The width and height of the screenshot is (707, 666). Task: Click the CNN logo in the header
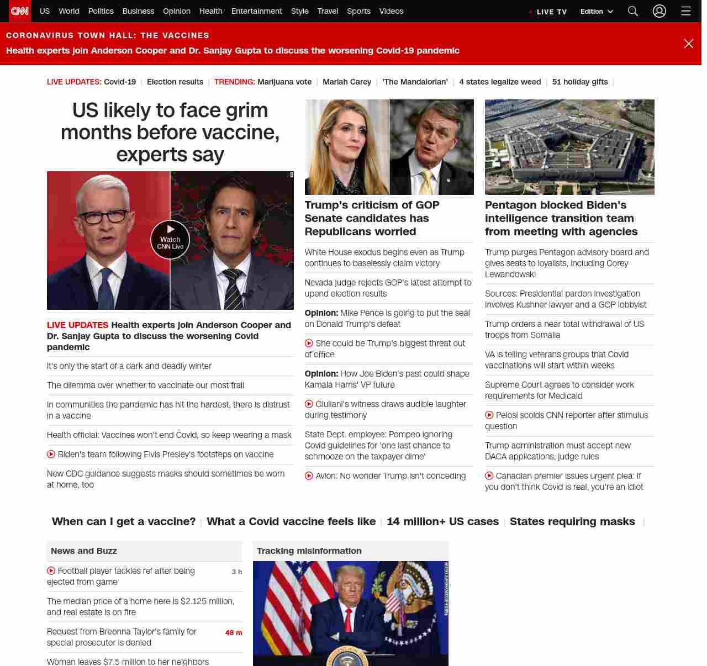pos(20,11)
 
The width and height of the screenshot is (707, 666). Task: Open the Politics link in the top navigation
pos(101,11)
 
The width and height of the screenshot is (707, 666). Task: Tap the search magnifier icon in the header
pos(633,11)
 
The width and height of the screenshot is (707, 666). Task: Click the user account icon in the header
pos(659,11)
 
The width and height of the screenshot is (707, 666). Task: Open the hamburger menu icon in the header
pos(685,11)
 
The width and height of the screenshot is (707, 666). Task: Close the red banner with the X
pos(688,44)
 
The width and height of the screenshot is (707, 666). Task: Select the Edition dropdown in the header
pos(596,12)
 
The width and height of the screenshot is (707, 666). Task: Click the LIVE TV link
pos(551,12)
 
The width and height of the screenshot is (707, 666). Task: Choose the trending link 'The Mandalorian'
pos(415,82)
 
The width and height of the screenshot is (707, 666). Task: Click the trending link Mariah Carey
pos(347,82)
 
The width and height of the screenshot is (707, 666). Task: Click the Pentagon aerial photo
pos(569,147)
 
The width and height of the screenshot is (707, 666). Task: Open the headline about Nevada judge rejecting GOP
pos(388,288)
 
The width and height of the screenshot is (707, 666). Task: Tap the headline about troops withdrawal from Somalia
pos(564,330)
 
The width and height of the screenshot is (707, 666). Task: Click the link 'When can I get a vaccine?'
pos(124,521)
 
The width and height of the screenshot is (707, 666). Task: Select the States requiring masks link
pos(572,521)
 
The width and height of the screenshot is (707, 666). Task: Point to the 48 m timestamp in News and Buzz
pos(234,633)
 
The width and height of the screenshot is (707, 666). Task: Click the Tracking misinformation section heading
pos(309,551)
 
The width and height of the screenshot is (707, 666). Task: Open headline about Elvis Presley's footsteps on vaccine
pos(165,454)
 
